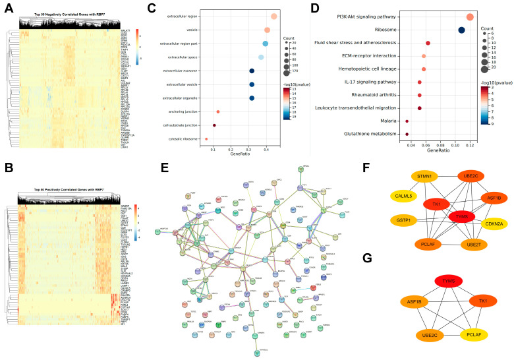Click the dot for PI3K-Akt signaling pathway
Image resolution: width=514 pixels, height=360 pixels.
point(470,17)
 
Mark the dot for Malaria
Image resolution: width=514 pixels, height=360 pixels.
point(407,121)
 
